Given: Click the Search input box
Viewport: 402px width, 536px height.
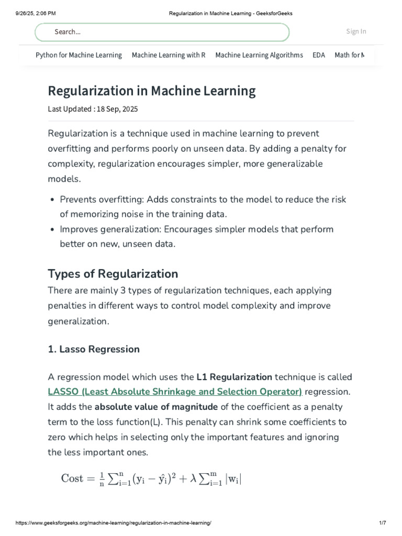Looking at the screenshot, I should coord(162,32).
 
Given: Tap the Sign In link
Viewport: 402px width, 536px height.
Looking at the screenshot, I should coord(356,31).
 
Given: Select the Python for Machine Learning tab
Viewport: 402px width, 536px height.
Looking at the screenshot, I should coord(79,55).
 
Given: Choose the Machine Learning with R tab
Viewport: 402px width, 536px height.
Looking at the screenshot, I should coord(169,55).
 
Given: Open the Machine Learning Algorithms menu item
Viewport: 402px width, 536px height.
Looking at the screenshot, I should coord(259,55).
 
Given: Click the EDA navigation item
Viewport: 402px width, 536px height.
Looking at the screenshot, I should coord(319,55).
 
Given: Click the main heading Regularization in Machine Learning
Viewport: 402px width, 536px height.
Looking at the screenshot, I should coord(152,91).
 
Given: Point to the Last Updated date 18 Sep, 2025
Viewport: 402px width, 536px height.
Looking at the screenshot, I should coord(117,109).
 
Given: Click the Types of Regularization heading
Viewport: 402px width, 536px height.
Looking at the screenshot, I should coord(113,274).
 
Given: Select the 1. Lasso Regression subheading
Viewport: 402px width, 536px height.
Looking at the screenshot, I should coord(94,349).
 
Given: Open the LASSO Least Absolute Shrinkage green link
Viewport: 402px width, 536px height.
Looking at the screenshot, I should coord(175,392).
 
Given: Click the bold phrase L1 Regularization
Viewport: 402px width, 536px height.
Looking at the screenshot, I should coord(234,377).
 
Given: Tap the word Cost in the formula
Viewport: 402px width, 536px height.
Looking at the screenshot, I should coord(72,478).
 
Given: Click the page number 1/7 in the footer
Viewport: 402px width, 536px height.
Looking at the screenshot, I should coord(382,523).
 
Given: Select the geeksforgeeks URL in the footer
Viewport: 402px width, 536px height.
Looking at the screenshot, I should coord(114,523).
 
